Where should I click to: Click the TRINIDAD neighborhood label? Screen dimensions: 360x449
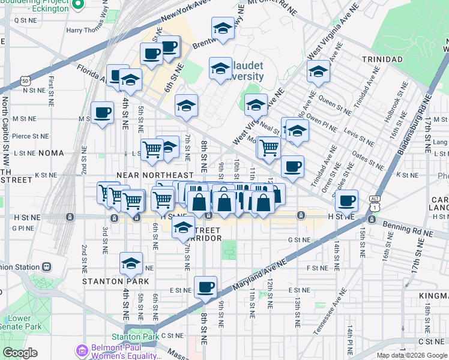[x=382, y=59]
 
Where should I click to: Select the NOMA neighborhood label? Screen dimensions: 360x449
[x=50, y=153]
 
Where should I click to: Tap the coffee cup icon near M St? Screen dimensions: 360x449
[x=102, y=112]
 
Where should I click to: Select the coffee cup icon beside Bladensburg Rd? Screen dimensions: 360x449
[x=346, y=200]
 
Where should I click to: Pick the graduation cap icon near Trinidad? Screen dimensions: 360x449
[x=318, y=71]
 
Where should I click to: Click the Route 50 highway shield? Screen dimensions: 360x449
[x=25, y=80]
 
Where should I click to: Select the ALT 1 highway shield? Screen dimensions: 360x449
[x=375, y=205]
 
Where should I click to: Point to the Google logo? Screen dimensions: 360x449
[x=20, y=352]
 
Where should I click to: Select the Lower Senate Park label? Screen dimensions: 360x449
[x=20, y=323]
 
